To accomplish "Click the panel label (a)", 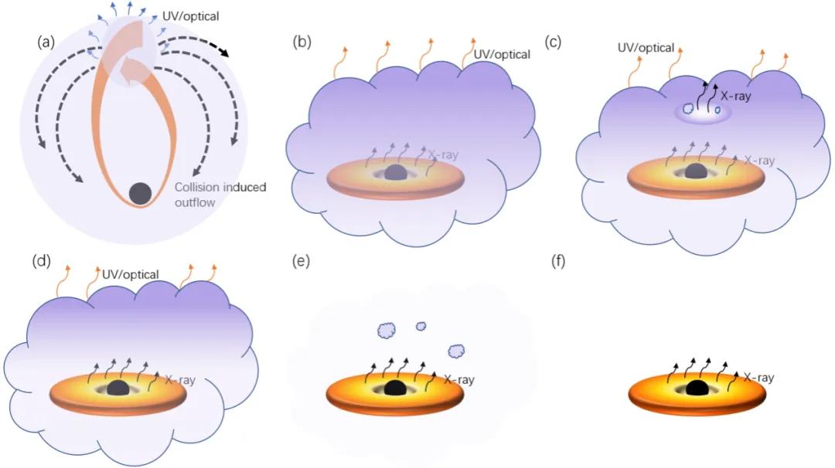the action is pyautogui.click(x=46, y=42).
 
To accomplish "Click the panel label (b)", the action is pyautogui.click(x=302, y=42).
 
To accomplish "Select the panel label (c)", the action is pyautogui.click(x=553, y=42).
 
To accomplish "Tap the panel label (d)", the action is pyautogui.click(x=42, y=262).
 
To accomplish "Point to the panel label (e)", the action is pyautogui.click(x=302, y=262).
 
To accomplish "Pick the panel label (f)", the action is pyautogui.click(x=557, y=262).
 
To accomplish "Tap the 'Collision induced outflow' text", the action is pyautogui.click(x=220, y=195).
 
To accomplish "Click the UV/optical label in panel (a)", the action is pyautogui.click(x=191, y=16).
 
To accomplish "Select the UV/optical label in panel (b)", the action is pyautogui.click(x=503, y=54).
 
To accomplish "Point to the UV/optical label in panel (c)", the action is pyautogui.click(x=646, y=48).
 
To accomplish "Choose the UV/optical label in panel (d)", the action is pyautogui.click(x=131, y=274).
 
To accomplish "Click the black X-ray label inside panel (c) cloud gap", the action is pyautogui.click(x=735, y=97).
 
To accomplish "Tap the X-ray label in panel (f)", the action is pyautogui.click(x=759, y=378).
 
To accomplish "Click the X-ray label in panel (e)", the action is pyautogui.click(x=459, y=380).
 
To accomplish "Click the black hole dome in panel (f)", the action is pyautogui.click(x=697, y=388).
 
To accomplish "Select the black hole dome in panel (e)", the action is pyautogui.click(x=394, y=388).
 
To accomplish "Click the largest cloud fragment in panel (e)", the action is pyautogui.click(x=387, y=331).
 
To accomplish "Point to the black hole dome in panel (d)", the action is pyautogui.click(x=119, y=388).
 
